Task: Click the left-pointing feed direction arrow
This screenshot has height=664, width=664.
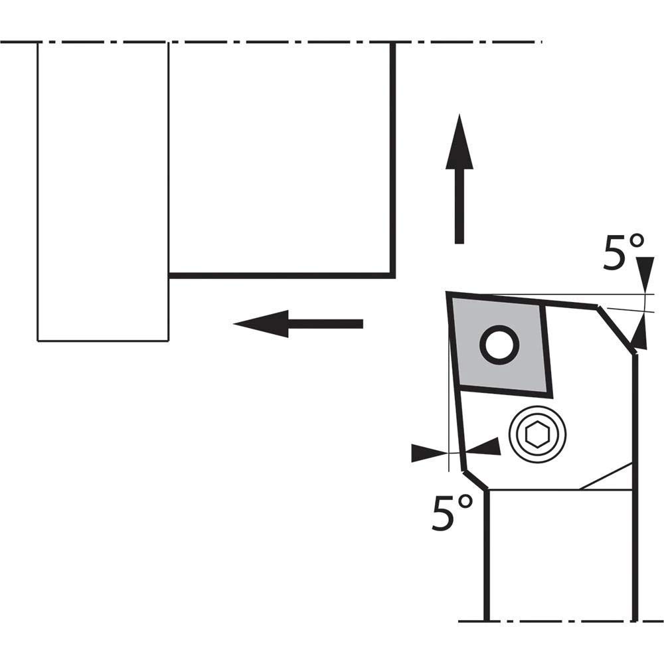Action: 299,323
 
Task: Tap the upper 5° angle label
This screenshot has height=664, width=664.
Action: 623,253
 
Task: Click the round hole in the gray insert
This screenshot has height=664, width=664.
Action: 499,344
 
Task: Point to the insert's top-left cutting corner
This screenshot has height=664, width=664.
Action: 451,295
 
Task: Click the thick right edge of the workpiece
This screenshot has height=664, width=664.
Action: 393,159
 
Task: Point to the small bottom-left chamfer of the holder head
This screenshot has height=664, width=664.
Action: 475,480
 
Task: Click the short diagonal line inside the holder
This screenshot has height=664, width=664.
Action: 606,477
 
